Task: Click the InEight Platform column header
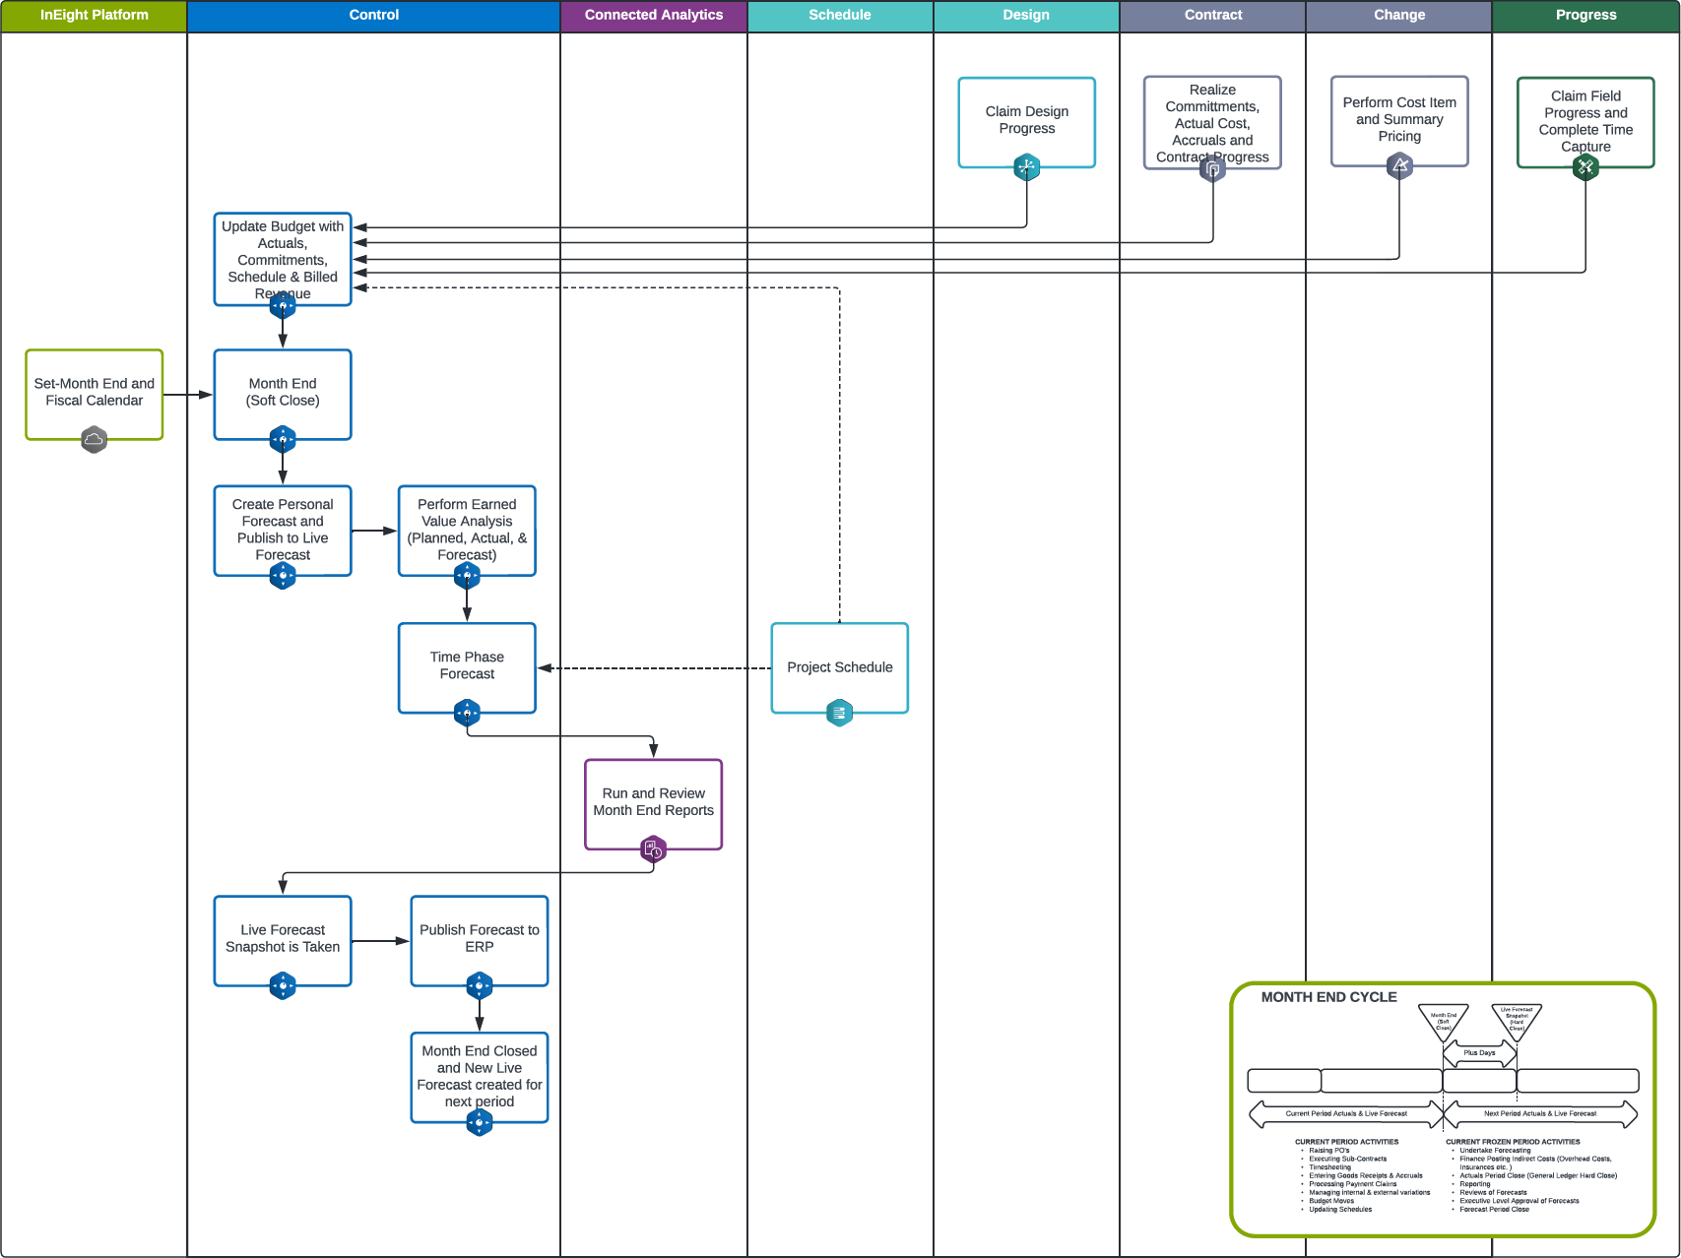pyautogui.click(x=94, y=16)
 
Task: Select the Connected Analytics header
pyautogui.click(x=653, y=16)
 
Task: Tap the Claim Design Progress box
pyautogui.click(x=1026, y=120)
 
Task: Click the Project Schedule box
pyautogui.click(x=839, y=666)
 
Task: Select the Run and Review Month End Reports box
pyautogui.click(x=653, y=801)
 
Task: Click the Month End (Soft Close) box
pyautogui.click(x=283, y=392)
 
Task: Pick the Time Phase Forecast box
pyautogui.click(x=467, y=665)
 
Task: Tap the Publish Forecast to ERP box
pyautogui.click(x=479, y=938)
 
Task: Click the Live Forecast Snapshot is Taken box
pyautogui.click(x=283, y=938)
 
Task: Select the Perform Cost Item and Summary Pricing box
pyautogui.click(x=1398, y=119)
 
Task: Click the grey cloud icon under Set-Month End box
pyautogui.click(x=94, y=439)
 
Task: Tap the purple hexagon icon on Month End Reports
pyautogui.click(x=653, y=849)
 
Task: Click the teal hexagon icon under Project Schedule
pyautogui.click(x=839, y=713)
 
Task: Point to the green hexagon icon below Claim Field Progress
pyautogui.click(x=1585, y=167)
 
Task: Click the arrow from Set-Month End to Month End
pyautogui.click(x=187, y=395)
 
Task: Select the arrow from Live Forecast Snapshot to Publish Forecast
pyautogui.click(x=380, y=941)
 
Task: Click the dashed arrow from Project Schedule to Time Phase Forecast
pyautogui.click(x=654, y=668)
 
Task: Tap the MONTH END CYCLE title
pyautogui.click(x=1328, y=997)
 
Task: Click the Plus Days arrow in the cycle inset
pyautogui.click(x=1479, y=1053)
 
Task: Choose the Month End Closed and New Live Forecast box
pyautogui.click(x=479, y=1076)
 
